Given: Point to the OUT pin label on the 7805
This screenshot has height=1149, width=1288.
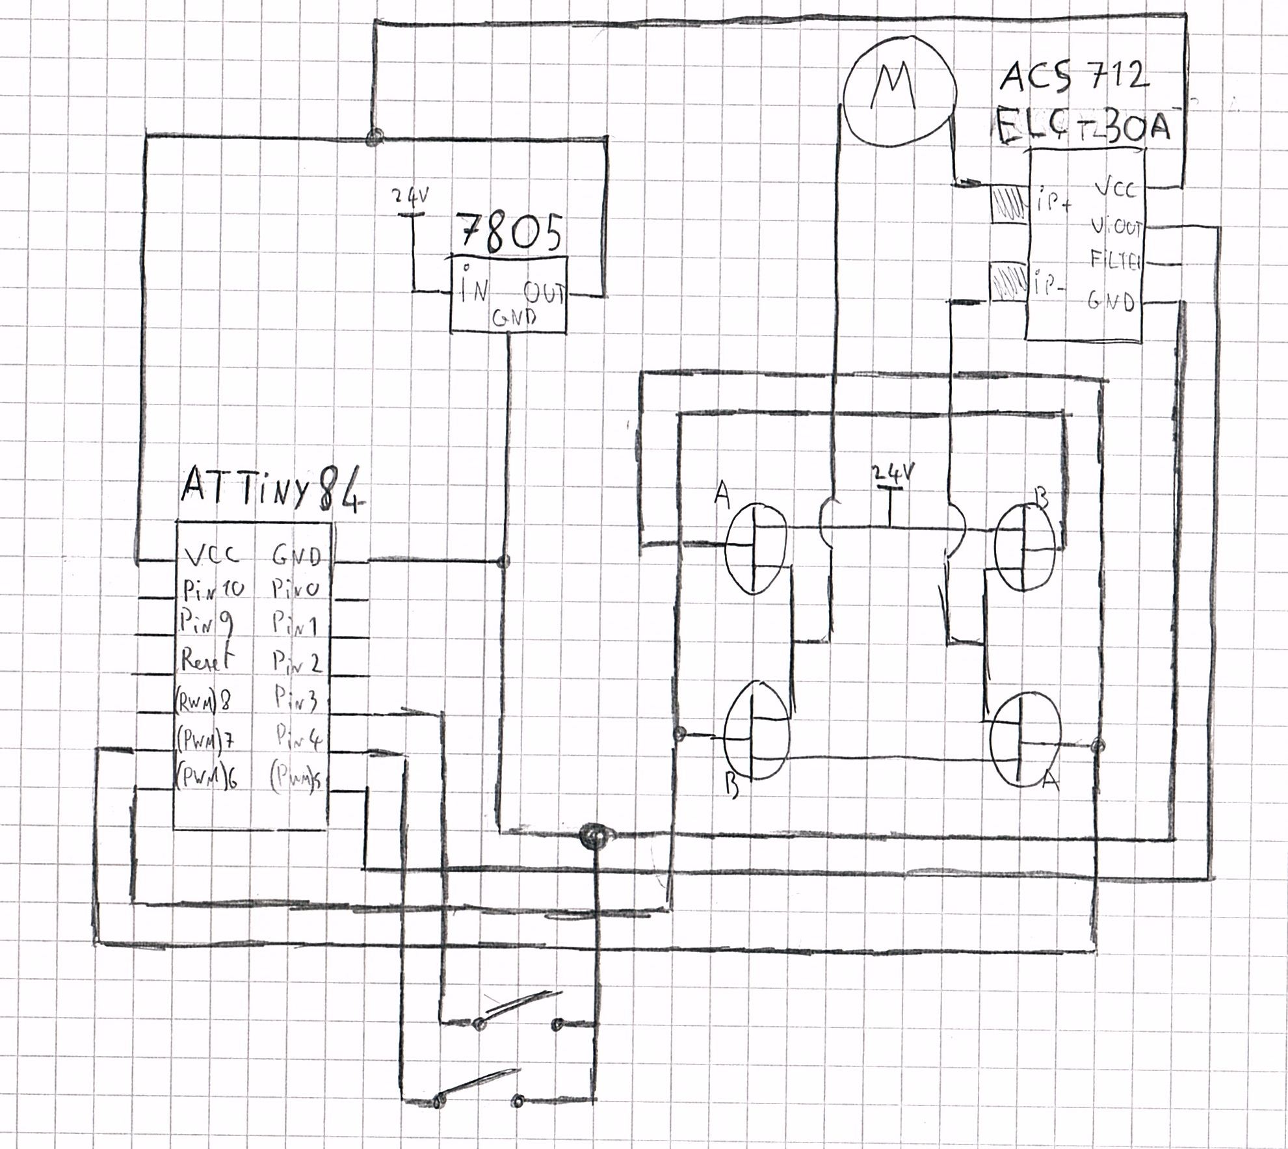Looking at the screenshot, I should [545, 294].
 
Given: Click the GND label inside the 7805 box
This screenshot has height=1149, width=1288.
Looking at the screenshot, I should [514, 318].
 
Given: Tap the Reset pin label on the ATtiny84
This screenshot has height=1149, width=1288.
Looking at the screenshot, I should [206, 661].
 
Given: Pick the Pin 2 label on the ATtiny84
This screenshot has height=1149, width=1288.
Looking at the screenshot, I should [296, 663].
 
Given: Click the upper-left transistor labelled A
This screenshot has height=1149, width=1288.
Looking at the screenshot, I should [755, 549].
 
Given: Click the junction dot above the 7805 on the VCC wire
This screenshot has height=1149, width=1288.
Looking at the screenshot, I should [375, 137].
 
